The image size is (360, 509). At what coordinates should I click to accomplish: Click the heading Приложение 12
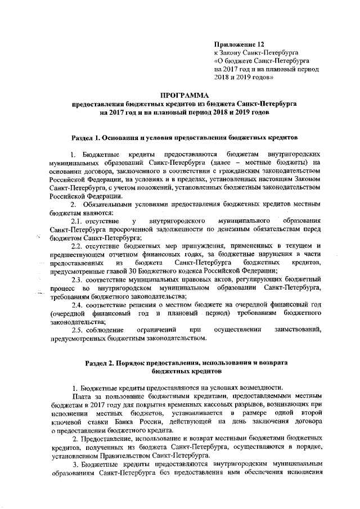[x=239, y=43]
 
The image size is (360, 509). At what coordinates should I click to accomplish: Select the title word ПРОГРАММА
[x=181, y=96]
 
